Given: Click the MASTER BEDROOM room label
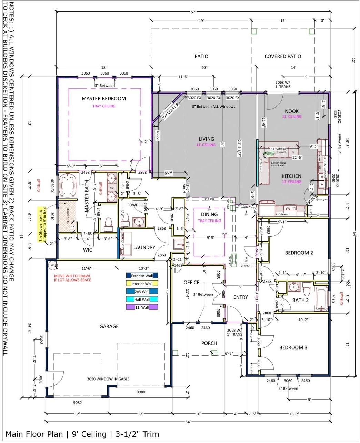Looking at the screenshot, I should tap(104, 99).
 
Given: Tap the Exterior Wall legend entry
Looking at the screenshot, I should tap(142, 276).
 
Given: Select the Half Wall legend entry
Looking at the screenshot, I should tap(142, 299).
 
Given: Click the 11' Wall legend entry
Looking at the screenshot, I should tap(142, 307).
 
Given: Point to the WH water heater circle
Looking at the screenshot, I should tap(53, 265).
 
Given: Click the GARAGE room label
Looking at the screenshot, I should tap(109, 326).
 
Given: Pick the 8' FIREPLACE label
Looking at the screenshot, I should tap(171, 111).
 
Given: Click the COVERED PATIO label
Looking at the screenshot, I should tap(283, 56).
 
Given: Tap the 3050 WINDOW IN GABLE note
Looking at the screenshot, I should tap(108, 379).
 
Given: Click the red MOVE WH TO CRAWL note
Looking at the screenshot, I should tap(72, 278).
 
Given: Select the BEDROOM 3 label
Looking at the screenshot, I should tap(293, 347).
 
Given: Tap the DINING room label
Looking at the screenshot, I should tap(209, 214).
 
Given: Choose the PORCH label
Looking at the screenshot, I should tap(209, 343).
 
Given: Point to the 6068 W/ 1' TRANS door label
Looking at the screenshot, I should tap(283, 85).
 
